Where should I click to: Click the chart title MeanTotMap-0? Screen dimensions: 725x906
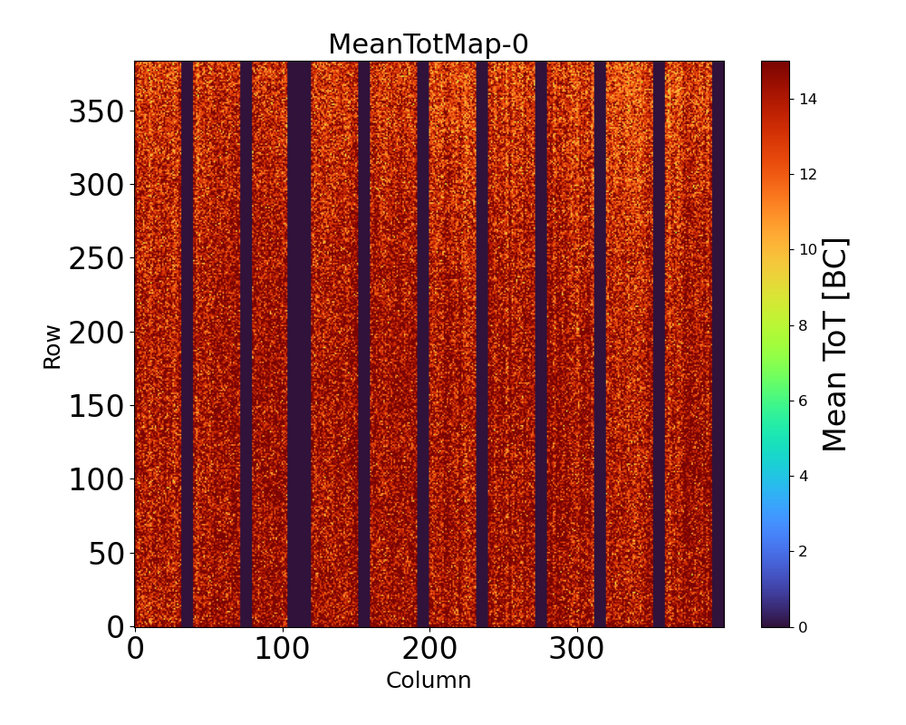tap(428, 44)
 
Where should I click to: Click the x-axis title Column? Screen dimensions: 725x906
tap(429, 681)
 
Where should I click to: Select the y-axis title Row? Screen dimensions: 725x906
tap(53, 346)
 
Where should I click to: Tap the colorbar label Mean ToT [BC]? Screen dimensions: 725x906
tap(835, 344)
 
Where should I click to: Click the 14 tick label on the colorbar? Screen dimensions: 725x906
tap(808, 99)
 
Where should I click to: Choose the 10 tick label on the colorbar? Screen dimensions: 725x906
tap(808, 249)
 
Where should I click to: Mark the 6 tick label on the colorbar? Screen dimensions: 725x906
tap(804, 401)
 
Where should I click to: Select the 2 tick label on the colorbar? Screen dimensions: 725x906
tap(804, 551)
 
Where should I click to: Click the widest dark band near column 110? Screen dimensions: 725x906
tap(299, 344)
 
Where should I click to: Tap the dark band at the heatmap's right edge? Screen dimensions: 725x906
tap(718, 344)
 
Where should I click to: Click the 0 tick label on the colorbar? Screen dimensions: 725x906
tap(804, 626)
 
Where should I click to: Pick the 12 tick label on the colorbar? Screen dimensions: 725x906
tap(808, 174)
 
